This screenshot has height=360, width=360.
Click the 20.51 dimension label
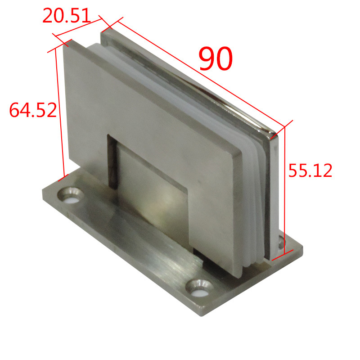(x=67, y=15)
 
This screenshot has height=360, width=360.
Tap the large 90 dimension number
(x=216, y=58)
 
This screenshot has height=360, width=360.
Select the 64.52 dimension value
(x=33, y=110)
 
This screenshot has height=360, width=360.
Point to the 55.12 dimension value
(x=310, y=170)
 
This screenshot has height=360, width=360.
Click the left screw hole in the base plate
(x=71, y=195)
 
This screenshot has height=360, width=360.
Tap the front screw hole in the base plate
(x=199, y=288)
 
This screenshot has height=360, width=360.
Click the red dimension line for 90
(x=201, y=74)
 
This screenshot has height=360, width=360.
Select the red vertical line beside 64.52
(x=59, y=112)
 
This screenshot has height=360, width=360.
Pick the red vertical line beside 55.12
(x=285, y=190)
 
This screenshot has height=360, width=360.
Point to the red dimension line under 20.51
(x=78, y=27)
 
